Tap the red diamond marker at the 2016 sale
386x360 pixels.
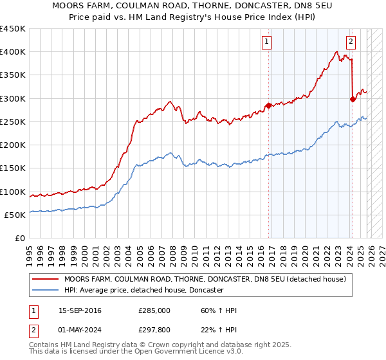(269, 106)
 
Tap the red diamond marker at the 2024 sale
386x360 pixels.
(353, 99)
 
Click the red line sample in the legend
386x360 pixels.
(46, 279)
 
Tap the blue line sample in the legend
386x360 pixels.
(46, 290)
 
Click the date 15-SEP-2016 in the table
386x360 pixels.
(80, 310)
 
